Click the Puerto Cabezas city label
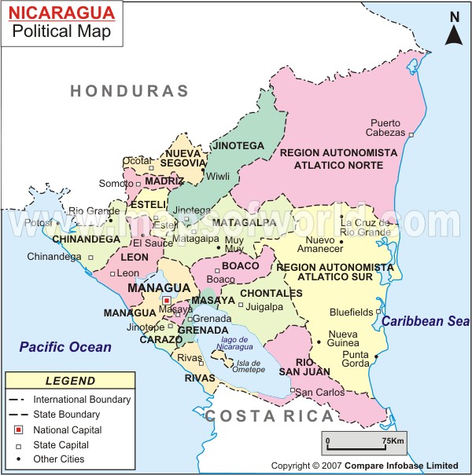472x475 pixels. [385, 127]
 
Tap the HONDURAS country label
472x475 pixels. [130, 91]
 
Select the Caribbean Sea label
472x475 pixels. [426, 321]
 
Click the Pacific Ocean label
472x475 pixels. [66, 346]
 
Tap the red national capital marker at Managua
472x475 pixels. [166, 300]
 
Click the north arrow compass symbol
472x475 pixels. [454, 30]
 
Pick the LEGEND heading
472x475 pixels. [70, 382]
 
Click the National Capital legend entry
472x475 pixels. [67, 429]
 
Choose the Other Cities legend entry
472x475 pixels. [59, 459]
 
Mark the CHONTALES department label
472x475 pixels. [271, 293]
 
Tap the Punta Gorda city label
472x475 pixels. [356, 359]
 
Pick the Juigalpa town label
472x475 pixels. [264, 307]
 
